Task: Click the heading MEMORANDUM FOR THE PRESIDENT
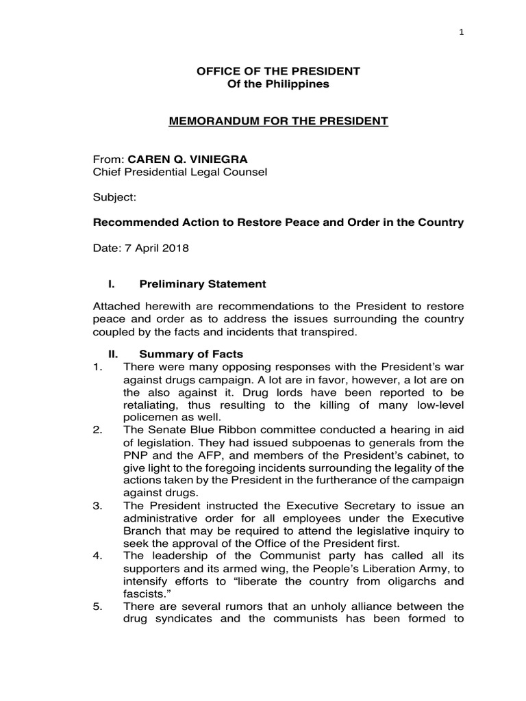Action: pyautogui.click(x=279, y=121)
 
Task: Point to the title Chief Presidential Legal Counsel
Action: pyautogui.click(x=180, y=172)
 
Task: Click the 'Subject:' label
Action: pyautogui.click(x=115, y=197)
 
